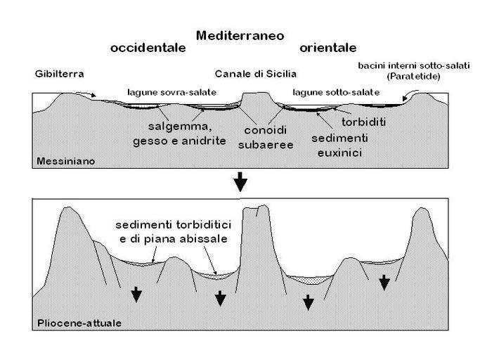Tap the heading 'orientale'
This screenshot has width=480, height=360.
(x=327, y=48)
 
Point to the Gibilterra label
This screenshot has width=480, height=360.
(x=58, y=74)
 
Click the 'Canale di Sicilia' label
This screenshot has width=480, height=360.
(x=256, y=74)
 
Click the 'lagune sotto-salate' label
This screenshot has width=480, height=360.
(x=336, y=92)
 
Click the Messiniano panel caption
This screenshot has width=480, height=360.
(x=65, y=162)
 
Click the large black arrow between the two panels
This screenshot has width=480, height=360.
(x=240, y=183)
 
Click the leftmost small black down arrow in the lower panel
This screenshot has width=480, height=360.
(x=136, y=295)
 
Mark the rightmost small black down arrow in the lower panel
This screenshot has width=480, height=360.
(x=384, y=283)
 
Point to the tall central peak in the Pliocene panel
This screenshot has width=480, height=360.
(x=257, y=232)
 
